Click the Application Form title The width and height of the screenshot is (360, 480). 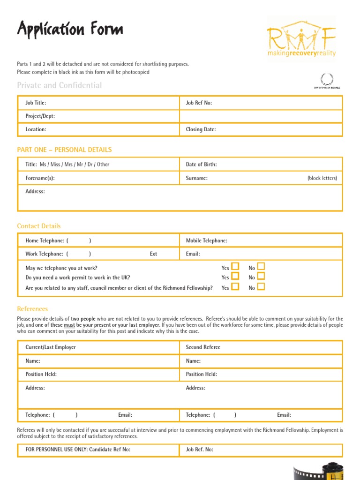70,30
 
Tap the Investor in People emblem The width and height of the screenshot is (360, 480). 327,80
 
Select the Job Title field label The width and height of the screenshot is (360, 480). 36,103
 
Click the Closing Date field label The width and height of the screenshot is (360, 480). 201,129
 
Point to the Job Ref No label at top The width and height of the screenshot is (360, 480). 199,103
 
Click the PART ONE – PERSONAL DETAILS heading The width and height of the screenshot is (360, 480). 64,150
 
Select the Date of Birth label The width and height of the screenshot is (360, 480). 201,165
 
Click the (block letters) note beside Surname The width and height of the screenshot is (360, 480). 322,178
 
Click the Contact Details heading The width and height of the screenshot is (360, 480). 39,226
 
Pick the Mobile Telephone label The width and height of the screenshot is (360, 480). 206,240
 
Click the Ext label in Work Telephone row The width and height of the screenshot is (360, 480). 153,254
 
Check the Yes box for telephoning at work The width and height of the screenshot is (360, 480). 235,267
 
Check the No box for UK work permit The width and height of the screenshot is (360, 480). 261,277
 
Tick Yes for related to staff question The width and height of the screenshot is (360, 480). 235,286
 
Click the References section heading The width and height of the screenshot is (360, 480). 32,309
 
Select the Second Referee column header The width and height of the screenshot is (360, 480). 203,347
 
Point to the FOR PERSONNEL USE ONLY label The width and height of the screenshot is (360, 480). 78,450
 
